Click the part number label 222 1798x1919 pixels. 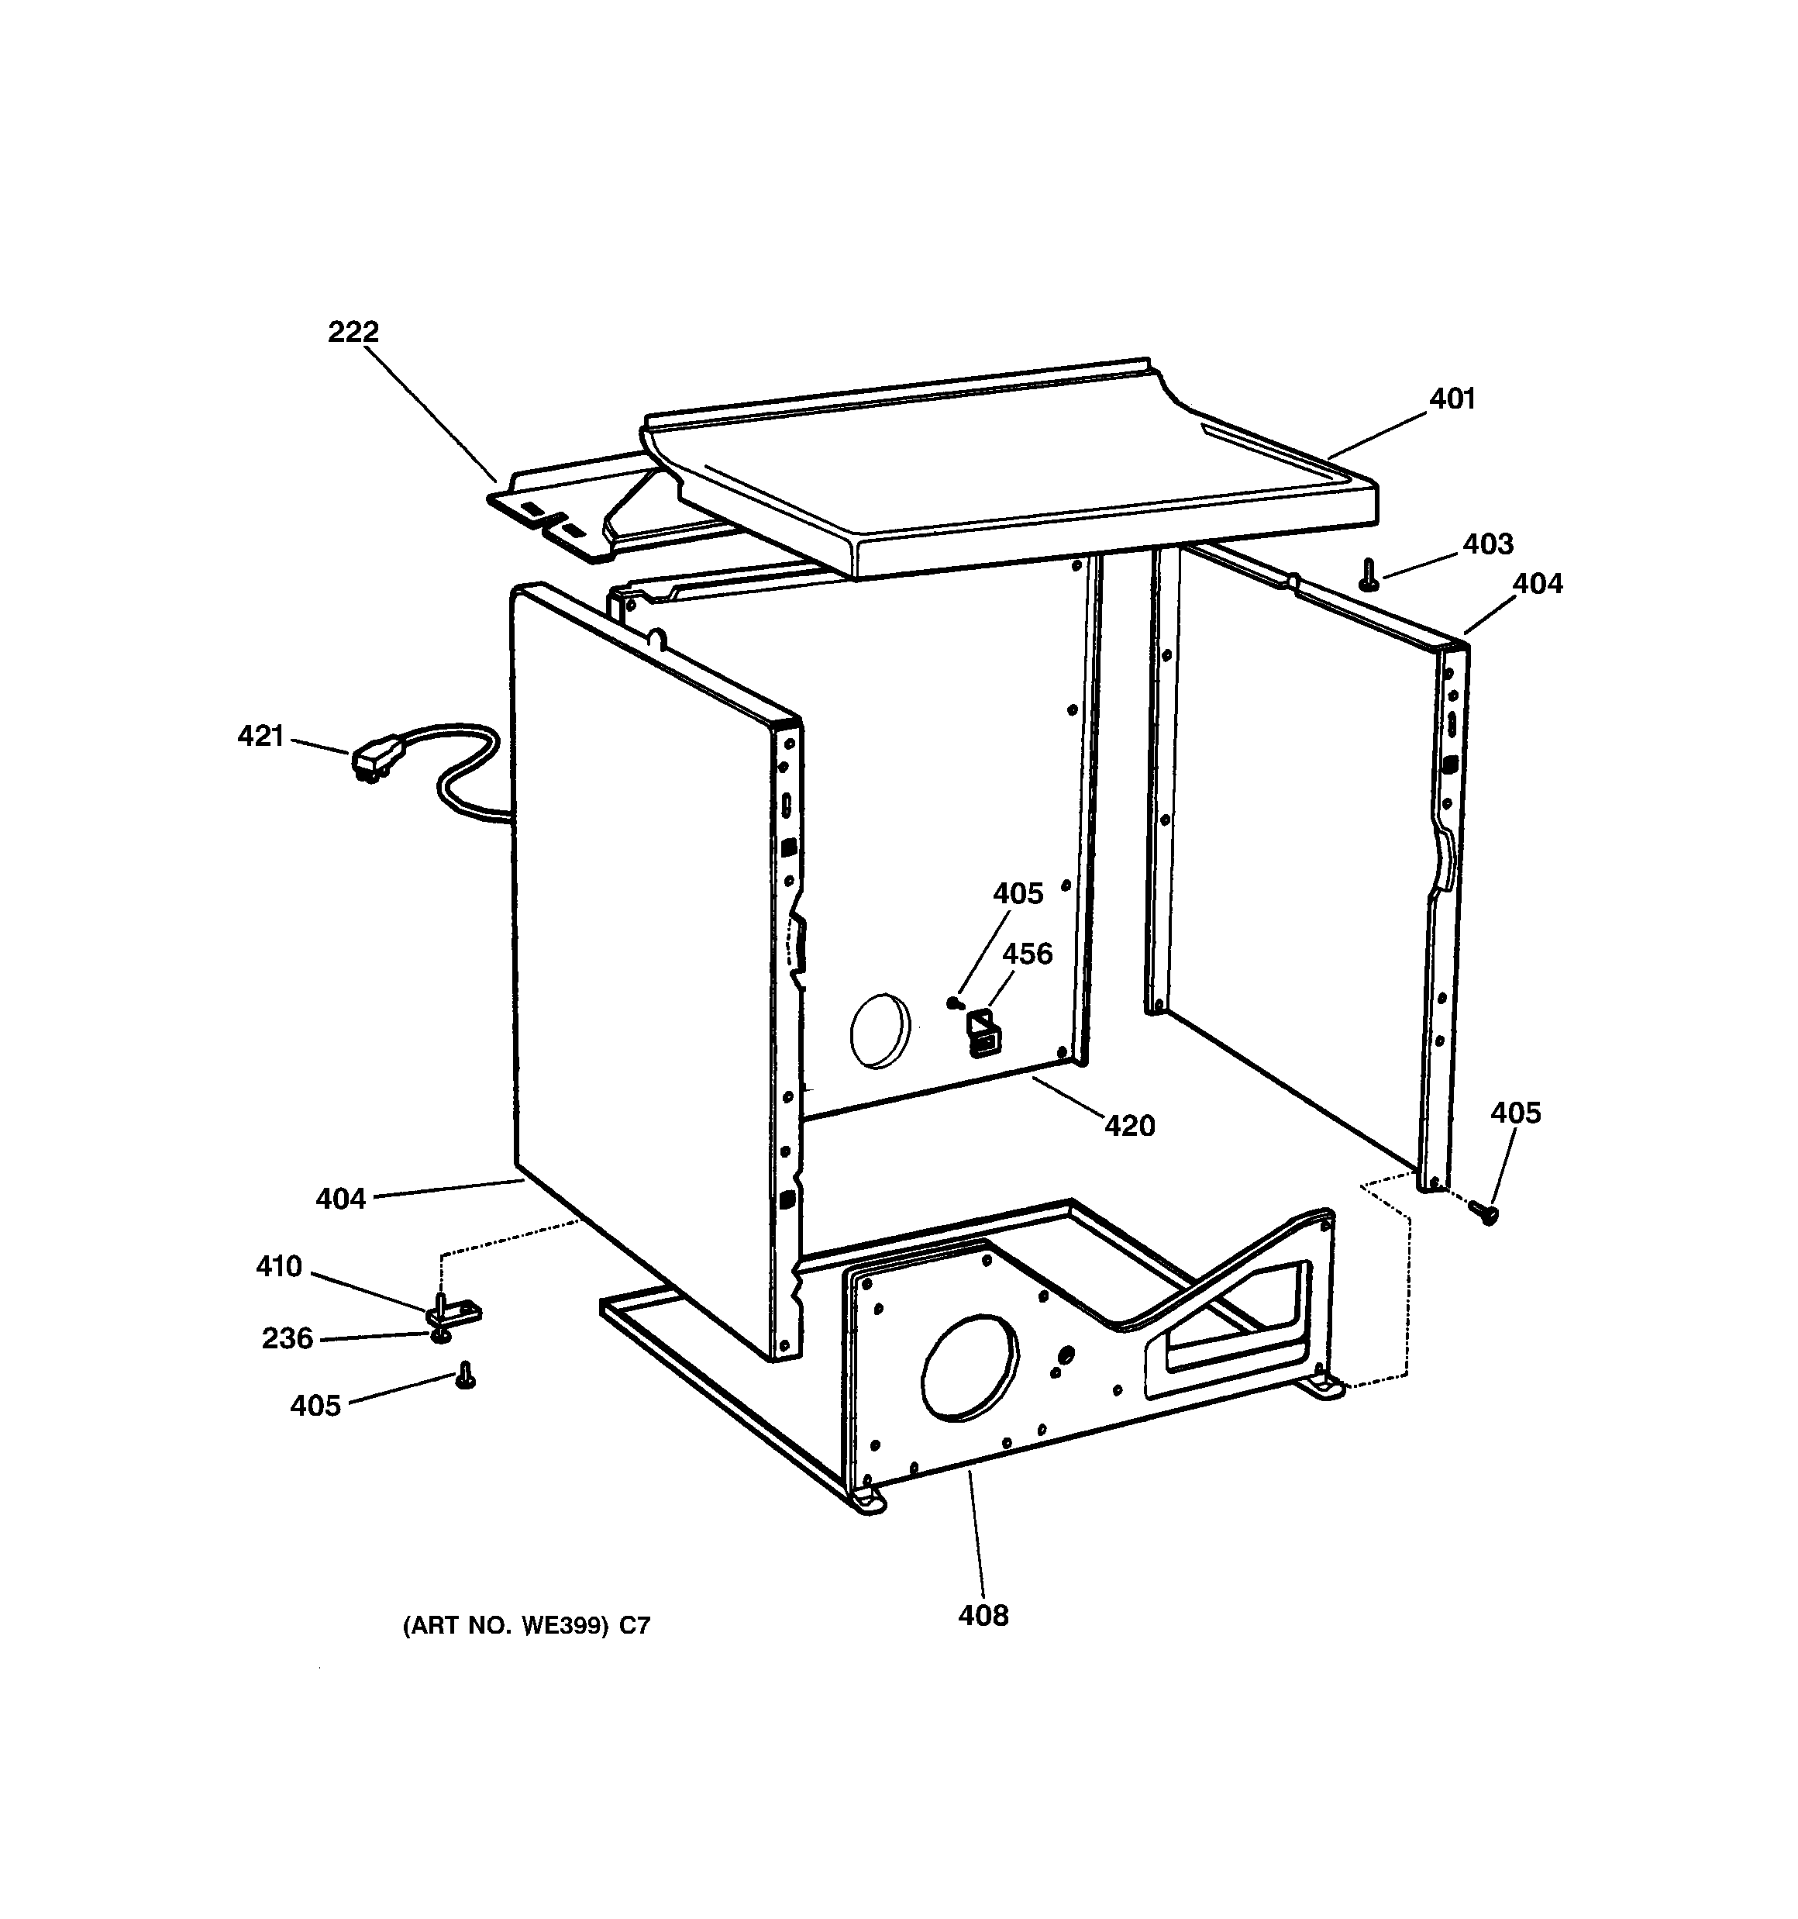click(x=353, y=332)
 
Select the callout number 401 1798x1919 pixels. click(x=1452, y=399)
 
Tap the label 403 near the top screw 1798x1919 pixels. click(x=1487, y=544)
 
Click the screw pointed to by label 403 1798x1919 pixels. click(x=1366, y=575)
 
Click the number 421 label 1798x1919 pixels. click(x=260, y=737)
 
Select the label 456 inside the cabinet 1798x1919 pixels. click(x=1027, y=954)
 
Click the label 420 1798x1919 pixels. click(x=1129, y=1126)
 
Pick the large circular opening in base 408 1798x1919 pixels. click(x=970, y=1367)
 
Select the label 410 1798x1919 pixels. click(x=279, y=1265)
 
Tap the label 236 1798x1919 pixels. click(x=288, y=1338)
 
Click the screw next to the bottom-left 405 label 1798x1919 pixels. click(x=465, y=1375)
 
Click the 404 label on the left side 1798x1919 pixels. click(x=341, y=1199)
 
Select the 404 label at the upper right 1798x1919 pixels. click(x=1537, y=584)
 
